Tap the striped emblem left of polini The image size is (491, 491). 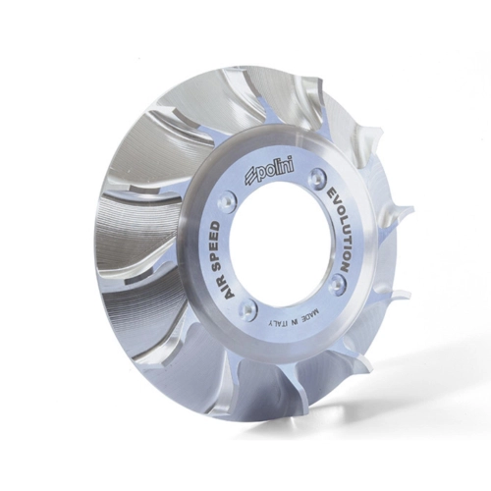click(x=249, y=179)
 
